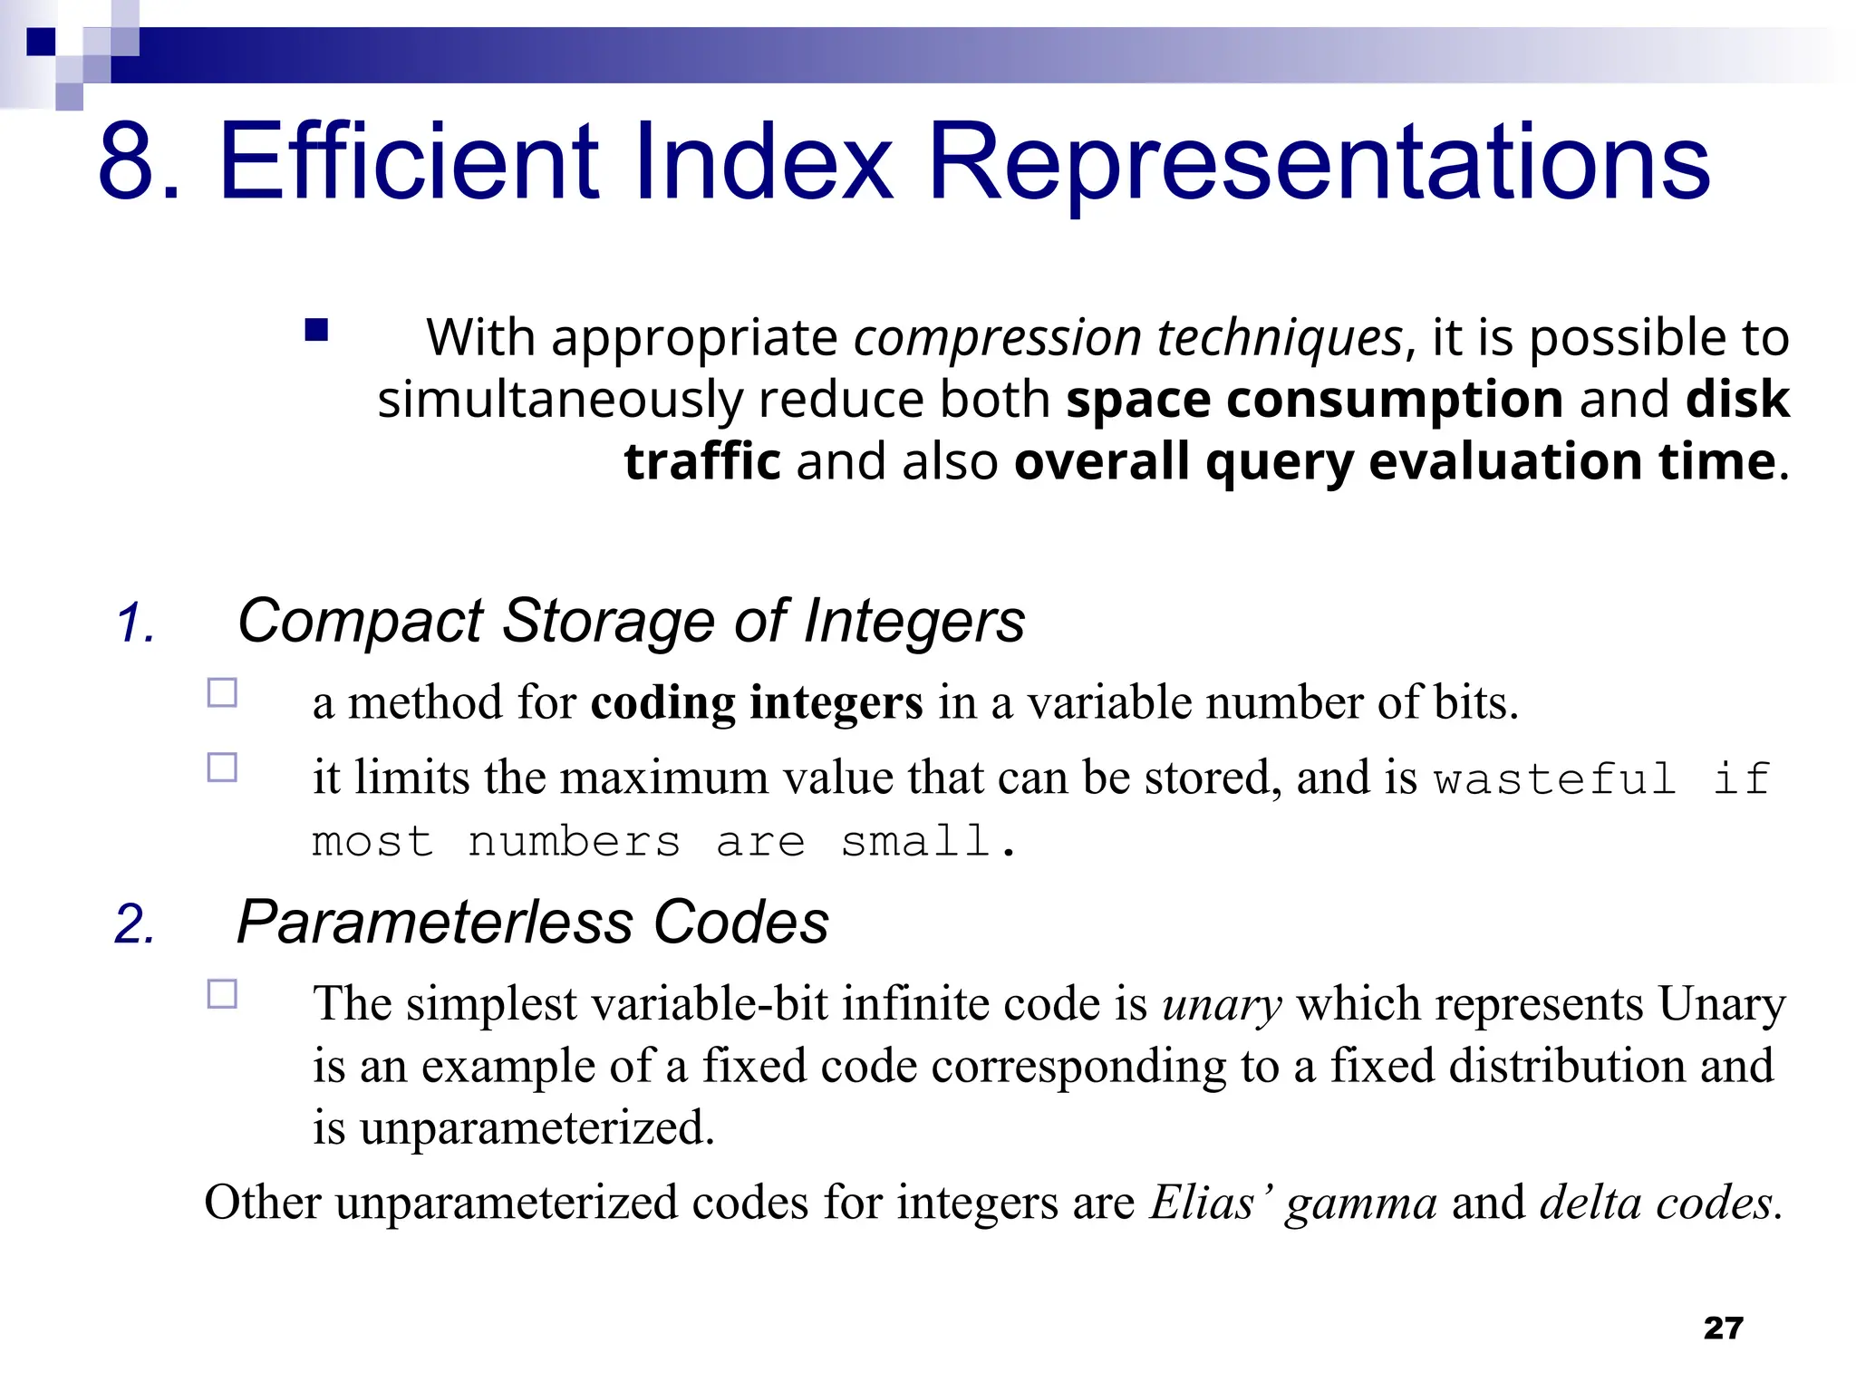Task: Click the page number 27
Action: pyautogui.click(x=1723, y=1328)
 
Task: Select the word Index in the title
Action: pyautogui.click(x=776, y=163)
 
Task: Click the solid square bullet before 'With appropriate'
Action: pyautogui.click(x=316, y=330)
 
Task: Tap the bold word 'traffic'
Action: pyautogui.click(x=702, y=461)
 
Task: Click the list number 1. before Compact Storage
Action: pyautogui.click(x=136, y=624)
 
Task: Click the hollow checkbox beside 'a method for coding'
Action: pyautogui.click(x=222, y=693)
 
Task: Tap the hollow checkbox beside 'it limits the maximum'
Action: pyautogui.click(x=222, y=768)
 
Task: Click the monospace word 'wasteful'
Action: pyautogui.click(x=1555, y=779)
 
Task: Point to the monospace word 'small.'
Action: pyautogui.click(x=928, y=842)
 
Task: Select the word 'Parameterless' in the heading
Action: pyautogui.click(x=435, y=923)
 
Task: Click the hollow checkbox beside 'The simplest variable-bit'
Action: pyautogui.click(x=222, y=994)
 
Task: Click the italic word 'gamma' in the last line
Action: pyautogui.click(x=1360, y=1203)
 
